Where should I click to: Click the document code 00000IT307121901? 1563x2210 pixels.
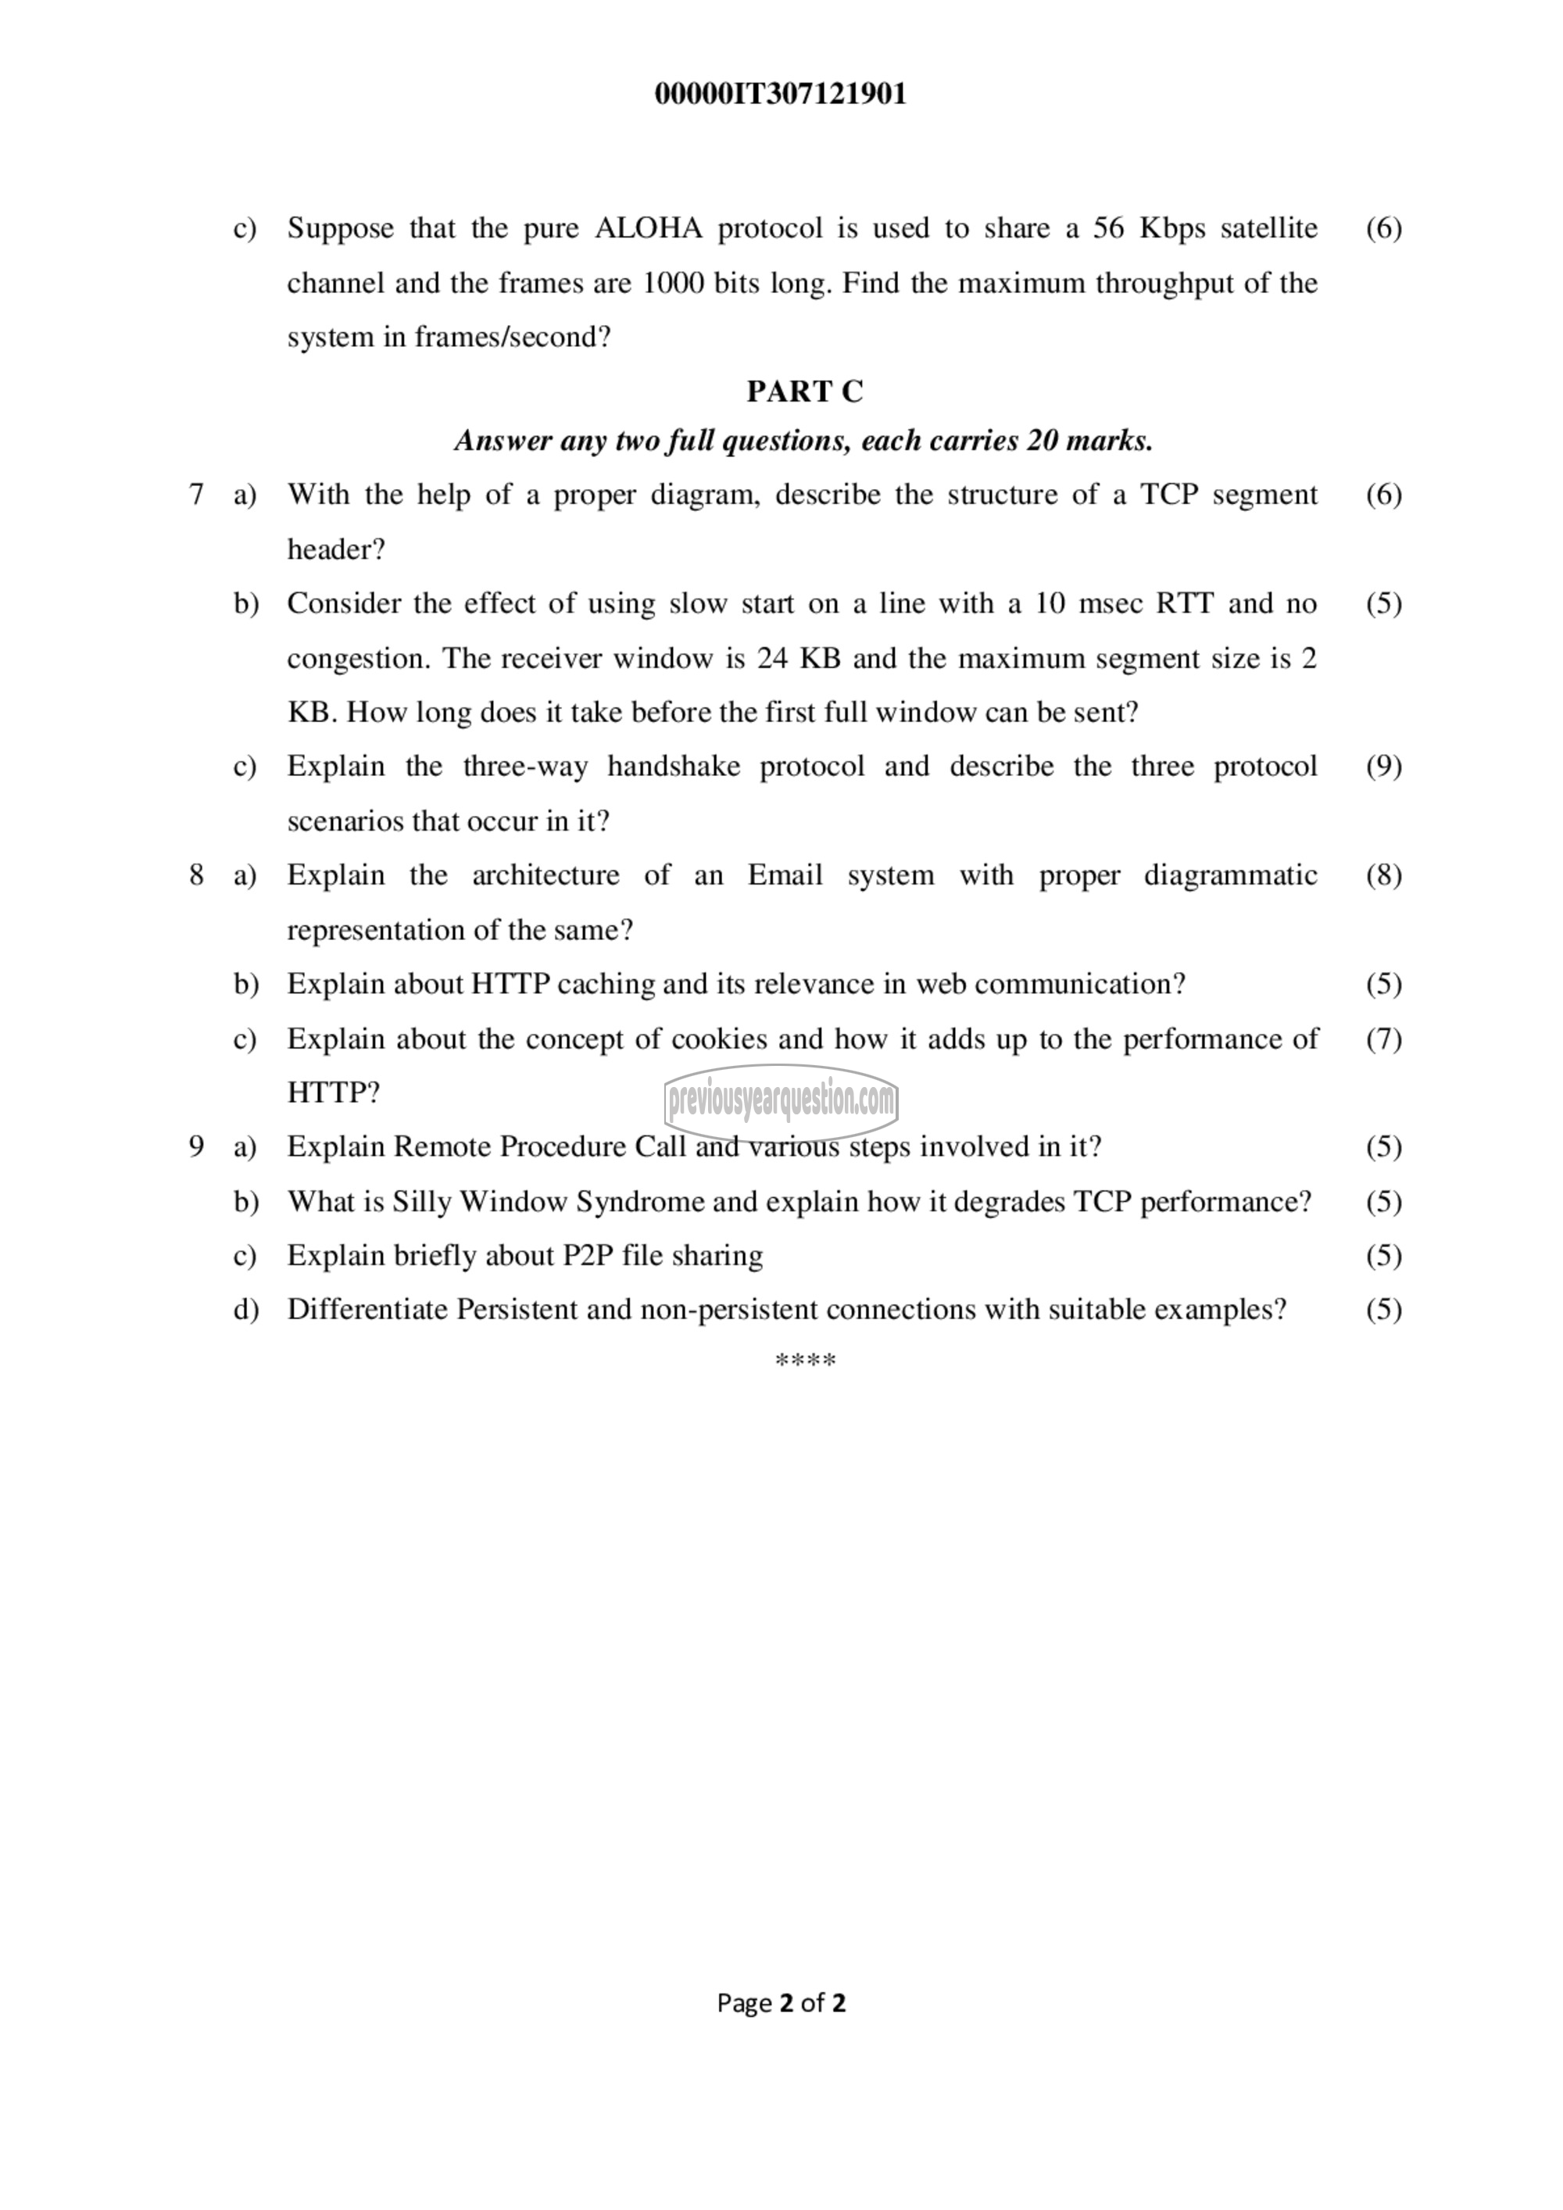781,95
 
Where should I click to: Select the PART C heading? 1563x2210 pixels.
805,391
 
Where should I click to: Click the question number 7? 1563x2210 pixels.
196,495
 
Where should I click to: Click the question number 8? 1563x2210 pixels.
196,875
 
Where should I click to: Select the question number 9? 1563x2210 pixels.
196,1146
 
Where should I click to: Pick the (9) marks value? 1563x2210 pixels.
1383,766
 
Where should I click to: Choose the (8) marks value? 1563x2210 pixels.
1383,875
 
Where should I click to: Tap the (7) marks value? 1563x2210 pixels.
1383,1039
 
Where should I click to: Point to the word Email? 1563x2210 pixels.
785,875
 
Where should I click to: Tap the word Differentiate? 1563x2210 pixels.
367,1309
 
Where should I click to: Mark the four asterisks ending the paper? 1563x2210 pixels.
805,1360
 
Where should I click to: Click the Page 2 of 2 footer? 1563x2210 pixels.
781,2003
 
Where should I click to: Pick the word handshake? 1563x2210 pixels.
673,766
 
